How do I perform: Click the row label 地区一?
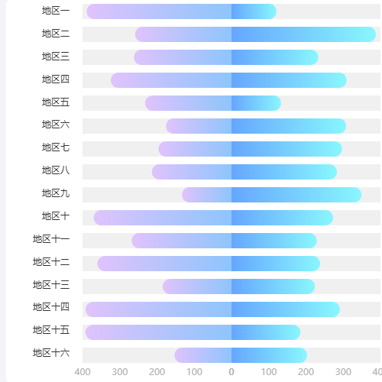(56, 11)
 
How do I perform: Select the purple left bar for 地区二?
(183, 34)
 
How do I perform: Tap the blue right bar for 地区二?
(303, 34)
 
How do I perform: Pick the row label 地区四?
(56, 80)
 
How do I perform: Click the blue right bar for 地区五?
(256, 103)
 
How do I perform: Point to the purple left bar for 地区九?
(206, 195)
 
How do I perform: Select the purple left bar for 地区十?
(162, 218)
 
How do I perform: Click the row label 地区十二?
(51, 263)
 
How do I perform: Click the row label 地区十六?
(51, 353)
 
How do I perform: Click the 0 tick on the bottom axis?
(231, 372)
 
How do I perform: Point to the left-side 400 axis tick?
(83, 372)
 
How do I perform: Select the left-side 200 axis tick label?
(157, 372)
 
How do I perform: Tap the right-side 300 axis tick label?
(343, 372)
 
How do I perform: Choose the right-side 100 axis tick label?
(269, 372)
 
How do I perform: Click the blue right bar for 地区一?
(254, 11)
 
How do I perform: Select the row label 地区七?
(56, 147)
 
